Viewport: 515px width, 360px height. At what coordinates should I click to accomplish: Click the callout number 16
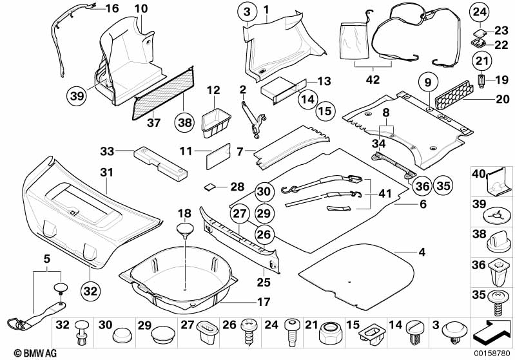(x=112, y=8)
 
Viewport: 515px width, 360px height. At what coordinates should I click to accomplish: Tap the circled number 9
(x=426, y=82)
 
